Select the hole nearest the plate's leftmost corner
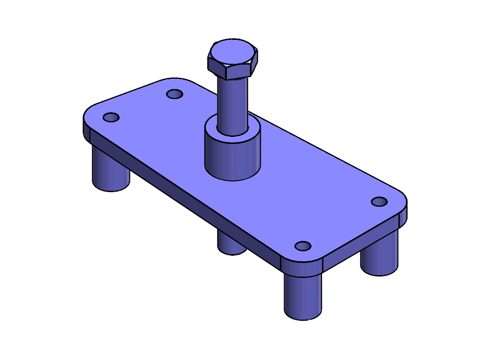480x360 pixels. pos(111,117)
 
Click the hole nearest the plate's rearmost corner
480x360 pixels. pos(175,94)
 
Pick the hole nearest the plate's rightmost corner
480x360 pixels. pos(379,202)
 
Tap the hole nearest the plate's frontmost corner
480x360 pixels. pos(303,246)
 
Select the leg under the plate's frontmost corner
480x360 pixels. pos(303,295)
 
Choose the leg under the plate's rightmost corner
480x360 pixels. pos(380,255)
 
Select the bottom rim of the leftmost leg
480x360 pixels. pos(111,189)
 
